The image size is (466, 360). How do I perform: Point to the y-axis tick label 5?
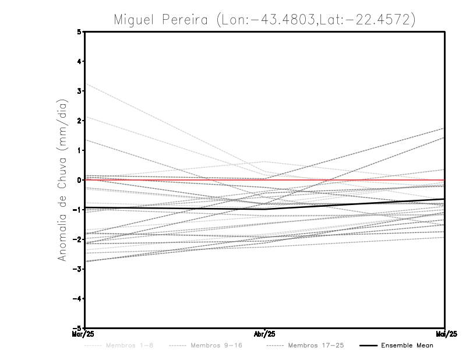(80, 32)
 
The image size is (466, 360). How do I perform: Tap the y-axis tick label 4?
(80, 62)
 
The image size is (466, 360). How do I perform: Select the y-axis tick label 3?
(80, 91)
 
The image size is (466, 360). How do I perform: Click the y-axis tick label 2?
(80, 121)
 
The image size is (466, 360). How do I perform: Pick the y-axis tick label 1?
(80, 150)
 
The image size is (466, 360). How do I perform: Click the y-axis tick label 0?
(80, 180)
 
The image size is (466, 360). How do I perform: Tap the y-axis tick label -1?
(78, 210)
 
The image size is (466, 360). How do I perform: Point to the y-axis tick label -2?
(78, 239)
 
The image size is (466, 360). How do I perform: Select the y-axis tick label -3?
(78, 269)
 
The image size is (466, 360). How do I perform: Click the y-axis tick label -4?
(78, 298)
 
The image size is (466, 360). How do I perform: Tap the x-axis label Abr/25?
(264, 334)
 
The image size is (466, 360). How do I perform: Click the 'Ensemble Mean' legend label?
(407, 345)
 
